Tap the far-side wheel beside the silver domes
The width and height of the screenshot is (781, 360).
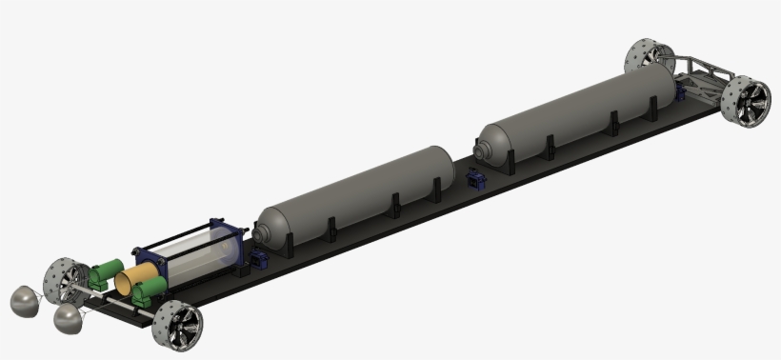65,277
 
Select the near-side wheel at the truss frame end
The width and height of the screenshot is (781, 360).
745,101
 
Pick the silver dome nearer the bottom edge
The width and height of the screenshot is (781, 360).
70,319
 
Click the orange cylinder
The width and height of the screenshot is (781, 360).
136,278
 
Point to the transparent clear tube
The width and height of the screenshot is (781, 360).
195,254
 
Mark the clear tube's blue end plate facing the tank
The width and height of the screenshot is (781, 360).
235,247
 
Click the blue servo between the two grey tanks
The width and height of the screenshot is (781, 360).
476,180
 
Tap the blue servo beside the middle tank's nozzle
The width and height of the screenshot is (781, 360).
258,259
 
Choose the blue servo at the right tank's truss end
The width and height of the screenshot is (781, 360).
680,93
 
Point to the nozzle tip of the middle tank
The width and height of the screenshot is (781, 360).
256,233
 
